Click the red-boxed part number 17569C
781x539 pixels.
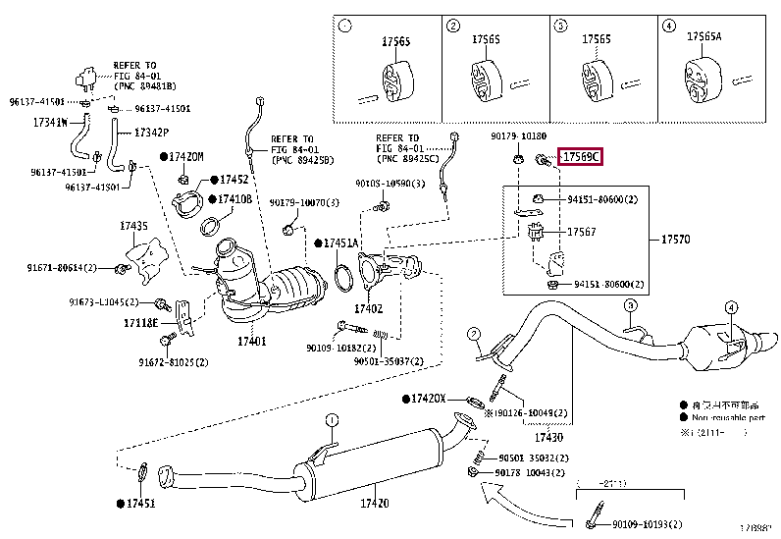[580, 157]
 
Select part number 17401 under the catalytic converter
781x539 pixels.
[251, 342]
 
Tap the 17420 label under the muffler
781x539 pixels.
[375, 504]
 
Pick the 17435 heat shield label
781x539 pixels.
[133, 226]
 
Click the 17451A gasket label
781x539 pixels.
[340, 243]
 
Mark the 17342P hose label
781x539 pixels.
[151, 132]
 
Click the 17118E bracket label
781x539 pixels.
[140, 323]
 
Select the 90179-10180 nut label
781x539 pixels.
[519, 136]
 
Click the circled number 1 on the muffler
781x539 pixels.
[332, 420]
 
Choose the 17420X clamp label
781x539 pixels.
[428, 399]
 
